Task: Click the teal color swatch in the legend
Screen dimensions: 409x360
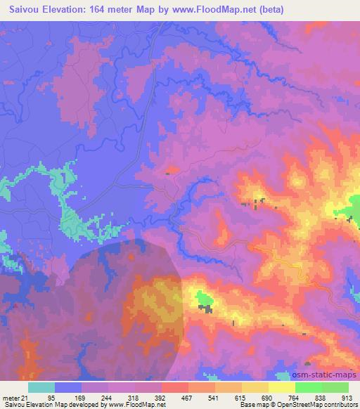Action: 41,387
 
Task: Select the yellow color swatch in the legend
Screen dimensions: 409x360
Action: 282,387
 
